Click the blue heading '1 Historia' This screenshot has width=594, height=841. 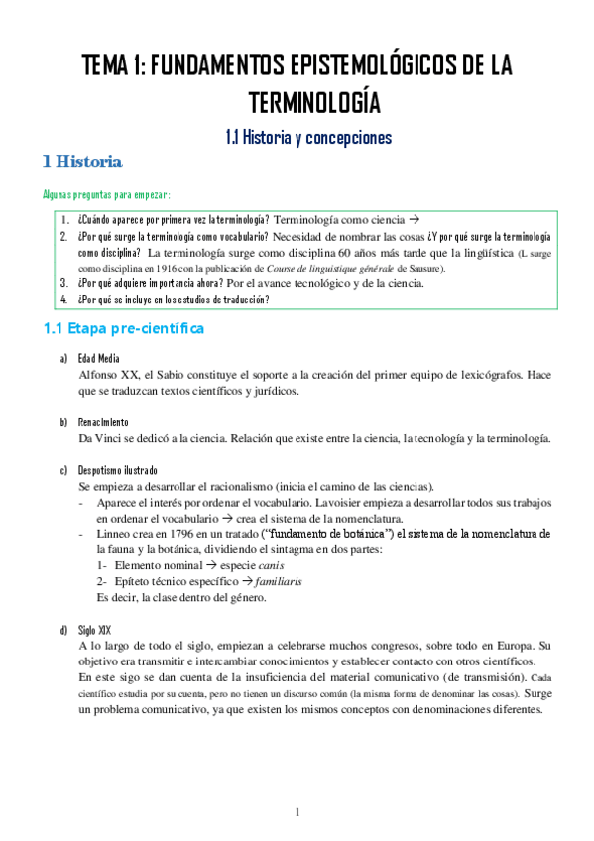pyautogui.click(x=82, y=161)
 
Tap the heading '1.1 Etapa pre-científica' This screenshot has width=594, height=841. pyautogui.click(x=123, y=328)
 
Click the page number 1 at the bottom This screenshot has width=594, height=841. pyautogui.click(x=297, y=813)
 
